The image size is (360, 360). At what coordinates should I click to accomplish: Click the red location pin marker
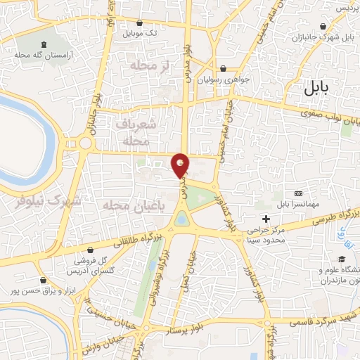[x=181, y=165]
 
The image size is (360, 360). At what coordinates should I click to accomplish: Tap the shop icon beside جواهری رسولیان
[x=224, y=69]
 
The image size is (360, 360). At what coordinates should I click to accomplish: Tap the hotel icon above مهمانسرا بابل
[x=298, y=193]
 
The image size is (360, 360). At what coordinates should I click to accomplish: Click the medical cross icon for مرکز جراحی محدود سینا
[x=265, y=219]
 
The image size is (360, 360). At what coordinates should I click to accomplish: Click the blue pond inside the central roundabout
[x=182, y=220]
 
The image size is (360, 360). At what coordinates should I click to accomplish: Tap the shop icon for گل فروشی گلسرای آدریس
[x=89, y=250]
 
